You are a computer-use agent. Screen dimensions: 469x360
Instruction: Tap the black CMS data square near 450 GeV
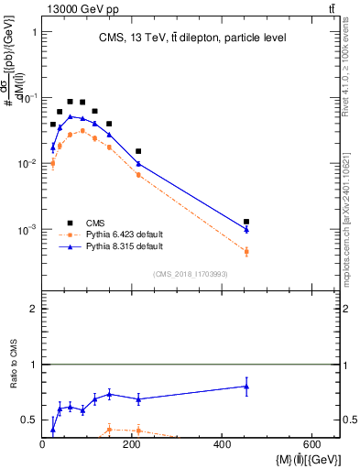coord(246,222)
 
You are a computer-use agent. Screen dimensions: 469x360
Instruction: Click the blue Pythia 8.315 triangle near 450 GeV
coord(246,229)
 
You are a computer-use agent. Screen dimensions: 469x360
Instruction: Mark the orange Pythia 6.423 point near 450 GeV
coord(246,251)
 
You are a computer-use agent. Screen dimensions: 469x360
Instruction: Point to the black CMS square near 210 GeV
coord(138,151)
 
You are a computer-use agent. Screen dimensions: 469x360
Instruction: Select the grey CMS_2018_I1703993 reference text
coord(190,274)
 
